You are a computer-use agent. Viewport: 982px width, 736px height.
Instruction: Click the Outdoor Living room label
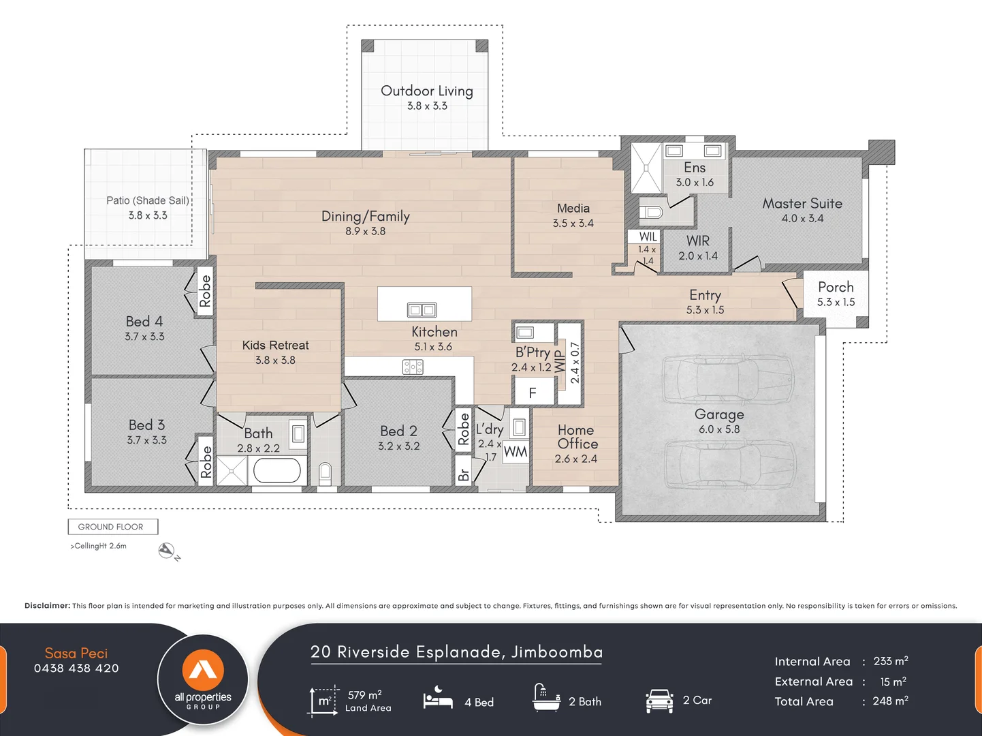pos(427,91)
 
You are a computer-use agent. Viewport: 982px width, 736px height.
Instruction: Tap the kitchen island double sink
pos(422,310)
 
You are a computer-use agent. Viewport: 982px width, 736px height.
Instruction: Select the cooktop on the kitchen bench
pos(413,368)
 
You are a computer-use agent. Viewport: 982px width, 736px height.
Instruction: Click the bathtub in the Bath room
pos(276,471)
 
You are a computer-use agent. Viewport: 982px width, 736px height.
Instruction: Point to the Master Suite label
pos(802,204)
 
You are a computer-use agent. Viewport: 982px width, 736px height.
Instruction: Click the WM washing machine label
pos(516,452)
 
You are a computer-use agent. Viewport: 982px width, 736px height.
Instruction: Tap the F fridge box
pos(533,393)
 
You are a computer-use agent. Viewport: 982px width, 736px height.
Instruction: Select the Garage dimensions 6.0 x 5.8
pos(719,429)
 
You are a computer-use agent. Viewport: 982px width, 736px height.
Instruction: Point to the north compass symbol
pos(167,551)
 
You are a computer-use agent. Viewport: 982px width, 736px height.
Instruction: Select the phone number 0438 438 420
pos(76,669)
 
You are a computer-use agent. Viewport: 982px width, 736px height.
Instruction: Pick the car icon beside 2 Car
pos(659,701)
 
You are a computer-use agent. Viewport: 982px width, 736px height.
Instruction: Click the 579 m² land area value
pos(365,695)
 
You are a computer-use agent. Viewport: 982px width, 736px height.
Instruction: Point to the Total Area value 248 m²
pos(891,701)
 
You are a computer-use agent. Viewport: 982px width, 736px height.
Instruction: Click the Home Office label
pos(577,437)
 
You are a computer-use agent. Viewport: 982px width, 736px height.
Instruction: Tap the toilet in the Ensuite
pos(651,212)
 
